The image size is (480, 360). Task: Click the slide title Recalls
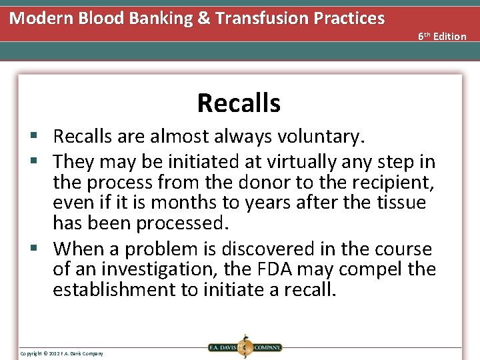pos(239,103)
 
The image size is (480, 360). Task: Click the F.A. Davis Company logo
pos(244,347)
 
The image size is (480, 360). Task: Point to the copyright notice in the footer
pos(61,353)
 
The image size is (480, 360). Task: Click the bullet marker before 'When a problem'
pos(41,249)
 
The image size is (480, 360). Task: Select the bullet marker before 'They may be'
pos(41,161)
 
